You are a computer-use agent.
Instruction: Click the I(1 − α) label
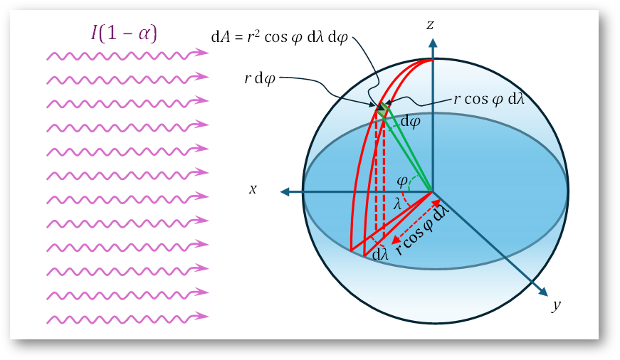124,33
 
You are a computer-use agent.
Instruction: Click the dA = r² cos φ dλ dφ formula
280,37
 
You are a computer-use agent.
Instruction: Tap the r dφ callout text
259,79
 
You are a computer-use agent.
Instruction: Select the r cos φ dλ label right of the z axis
489,99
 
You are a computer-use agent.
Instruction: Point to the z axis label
430,25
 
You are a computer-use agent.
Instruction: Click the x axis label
253,189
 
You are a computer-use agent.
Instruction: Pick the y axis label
557,305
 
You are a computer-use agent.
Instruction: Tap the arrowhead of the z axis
433,43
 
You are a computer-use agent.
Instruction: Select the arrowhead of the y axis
543,292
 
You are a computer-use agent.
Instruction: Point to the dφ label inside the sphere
411,122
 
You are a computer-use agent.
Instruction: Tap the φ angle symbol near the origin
402,181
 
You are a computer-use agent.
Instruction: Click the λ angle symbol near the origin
397,204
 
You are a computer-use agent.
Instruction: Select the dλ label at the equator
380,255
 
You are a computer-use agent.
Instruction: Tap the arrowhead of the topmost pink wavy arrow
202,52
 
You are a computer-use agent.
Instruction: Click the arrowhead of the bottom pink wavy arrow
202,316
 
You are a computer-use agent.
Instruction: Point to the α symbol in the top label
144,34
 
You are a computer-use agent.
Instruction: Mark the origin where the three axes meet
433,192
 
